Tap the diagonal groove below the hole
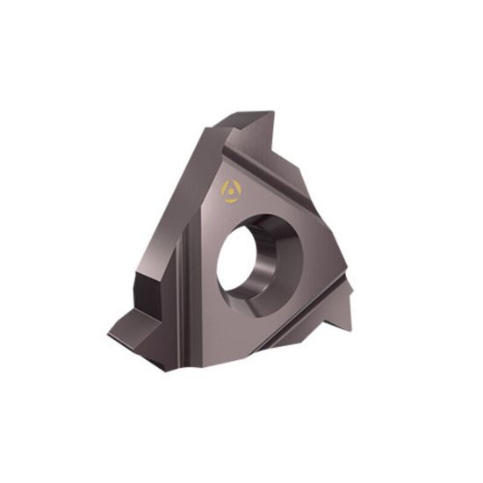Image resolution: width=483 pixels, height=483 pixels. tap(299, 329)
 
